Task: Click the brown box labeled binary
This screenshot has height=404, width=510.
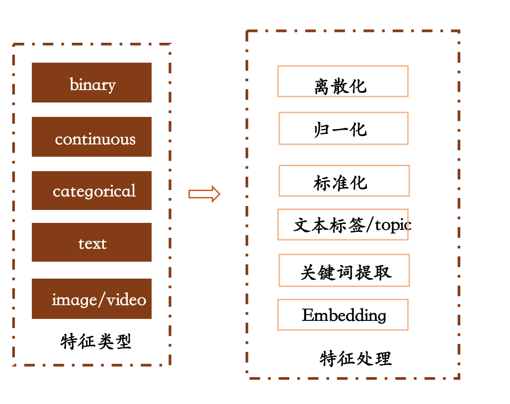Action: [91, 83]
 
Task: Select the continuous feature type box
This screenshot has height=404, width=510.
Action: [91, 137]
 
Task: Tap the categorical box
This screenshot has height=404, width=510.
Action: [91, 191]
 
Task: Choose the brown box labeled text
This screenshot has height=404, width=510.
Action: [91, 242]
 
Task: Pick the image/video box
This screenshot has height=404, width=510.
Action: [91, 299]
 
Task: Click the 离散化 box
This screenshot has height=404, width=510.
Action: [342, 81]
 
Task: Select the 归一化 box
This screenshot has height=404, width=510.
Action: [343, 128]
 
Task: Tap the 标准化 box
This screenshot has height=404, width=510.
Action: [344, 181]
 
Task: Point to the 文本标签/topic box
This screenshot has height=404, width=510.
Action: [342, 225]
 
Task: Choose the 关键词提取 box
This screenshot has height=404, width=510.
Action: [344, 270]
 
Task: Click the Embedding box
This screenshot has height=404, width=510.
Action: [342, 315]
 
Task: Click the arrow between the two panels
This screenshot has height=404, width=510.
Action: [204, 194]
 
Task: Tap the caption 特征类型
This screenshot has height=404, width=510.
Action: [96, 342]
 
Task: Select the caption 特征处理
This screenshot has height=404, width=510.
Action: [356, 358]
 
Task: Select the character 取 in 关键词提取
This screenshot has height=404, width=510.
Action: [383, 272]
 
